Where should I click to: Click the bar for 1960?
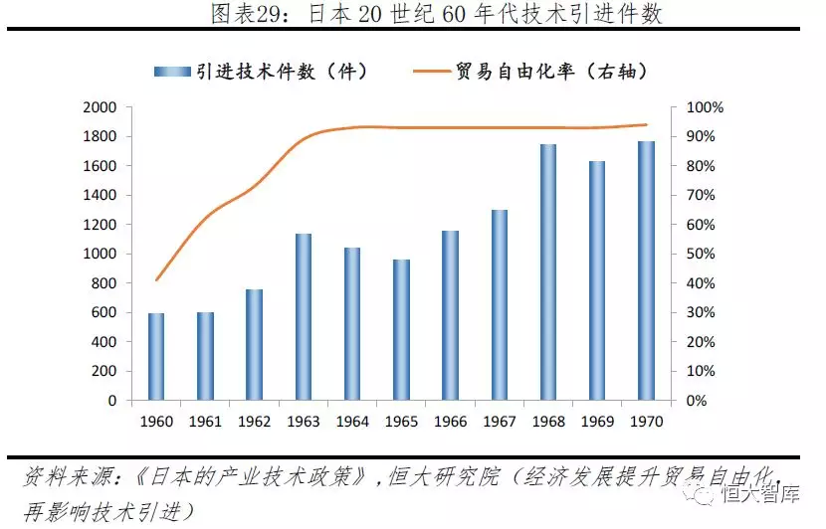(156, 357)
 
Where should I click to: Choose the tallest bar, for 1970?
(646, 270)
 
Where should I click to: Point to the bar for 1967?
(500, 305)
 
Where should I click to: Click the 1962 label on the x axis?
(254, 422)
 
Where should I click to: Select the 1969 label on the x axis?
(599, 422)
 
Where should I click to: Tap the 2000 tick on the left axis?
(100, 107)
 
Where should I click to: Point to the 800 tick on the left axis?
(103, 283)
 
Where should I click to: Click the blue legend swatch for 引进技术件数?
(173, 72)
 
